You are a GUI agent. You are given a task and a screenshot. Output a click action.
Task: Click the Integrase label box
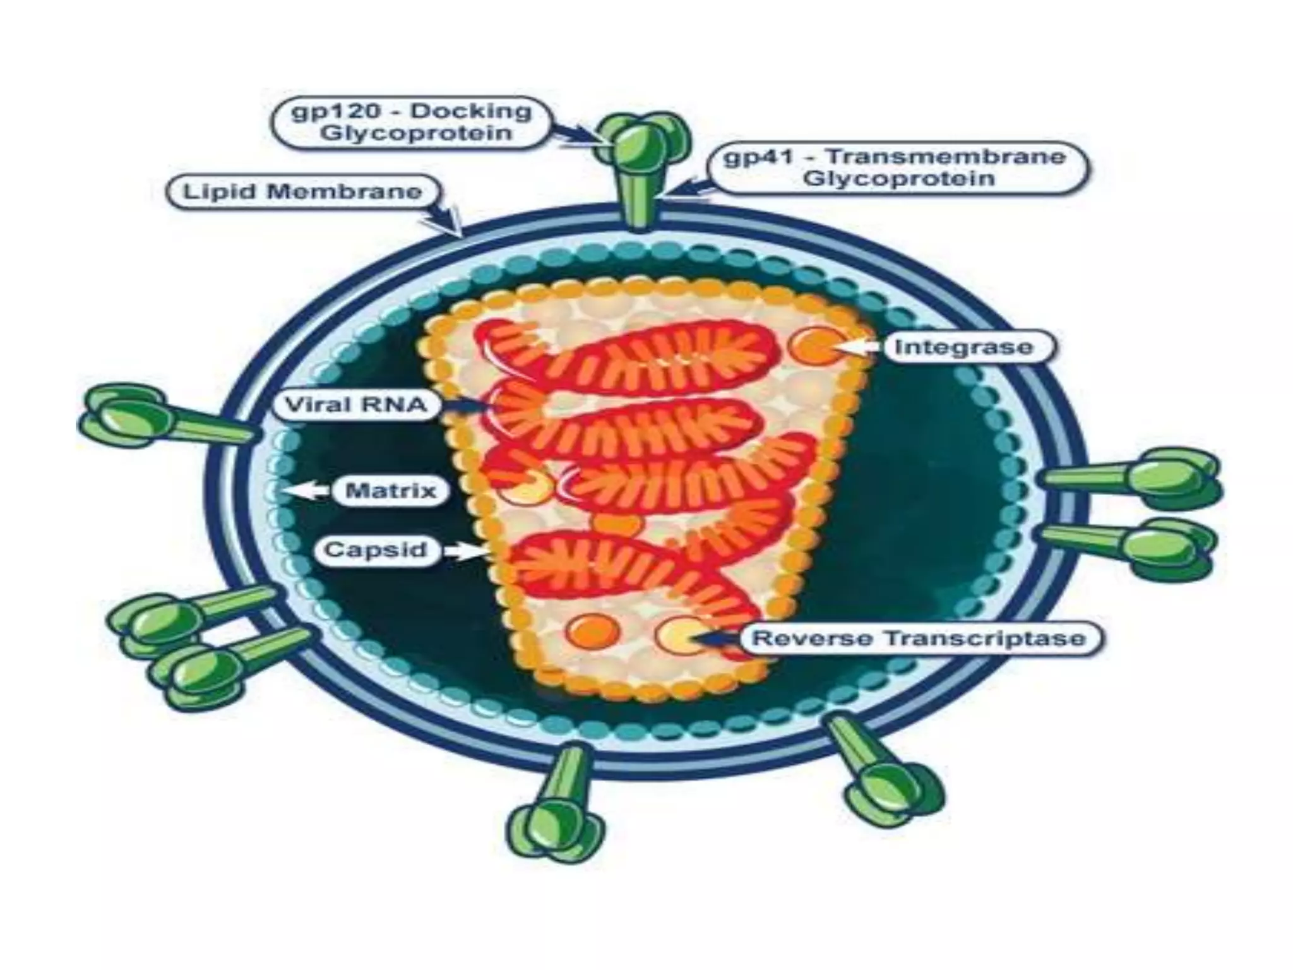(x=963, y=347)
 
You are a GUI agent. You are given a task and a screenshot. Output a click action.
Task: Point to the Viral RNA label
(x=356, y=405)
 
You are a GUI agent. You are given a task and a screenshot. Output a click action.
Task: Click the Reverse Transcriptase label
(x=919, y=638)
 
